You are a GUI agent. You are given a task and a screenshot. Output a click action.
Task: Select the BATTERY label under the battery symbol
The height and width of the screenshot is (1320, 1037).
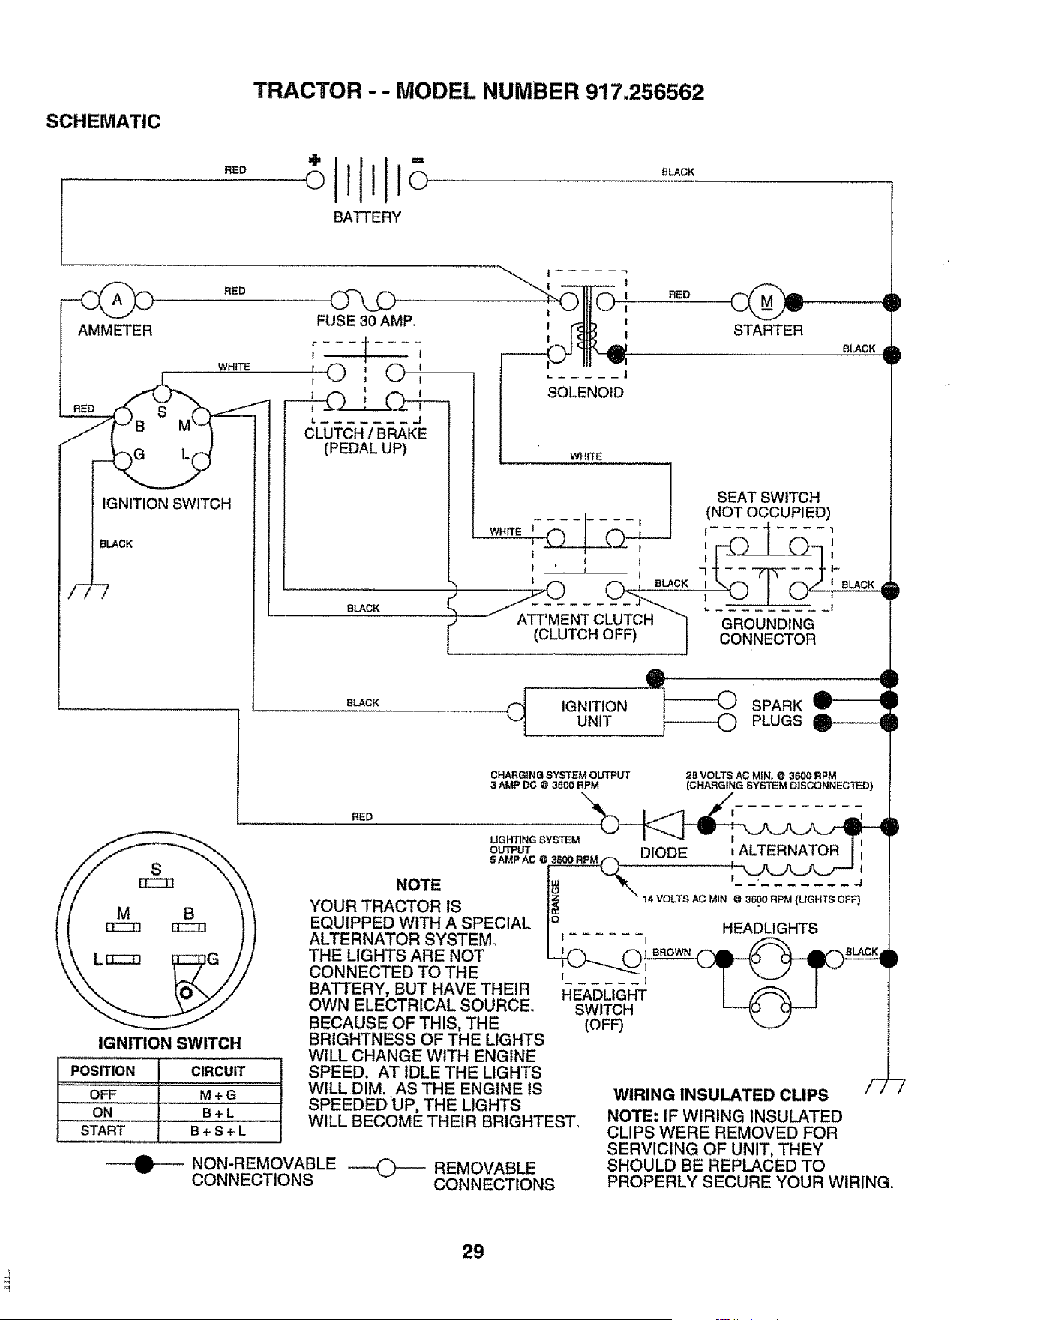[x=367, y=217]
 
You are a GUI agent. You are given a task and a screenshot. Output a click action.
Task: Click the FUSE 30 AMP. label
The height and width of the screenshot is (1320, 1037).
[x=367, y=322]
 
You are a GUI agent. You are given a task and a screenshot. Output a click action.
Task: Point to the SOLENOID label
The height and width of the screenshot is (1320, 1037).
[x=586, y=393]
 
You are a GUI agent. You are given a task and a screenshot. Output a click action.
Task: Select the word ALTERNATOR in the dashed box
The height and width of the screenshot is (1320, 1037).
[x=789, y=851]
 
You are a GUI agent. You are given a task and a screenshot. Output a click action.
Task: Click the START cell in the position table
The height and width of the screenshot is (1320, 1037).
[x=103, y=1130]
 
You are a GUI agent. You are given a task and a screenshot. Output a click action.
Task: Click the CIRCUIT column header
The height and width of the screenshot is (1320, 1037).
[x=218, y=1071]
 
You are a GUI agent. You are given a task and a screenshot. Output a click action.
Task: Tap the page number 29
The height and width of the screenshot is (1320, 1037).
[x=472, y=1251]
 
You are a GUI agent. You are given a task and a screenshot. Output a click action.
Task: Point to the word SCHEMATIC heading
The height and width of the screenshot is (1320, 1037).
[x=103, y=121]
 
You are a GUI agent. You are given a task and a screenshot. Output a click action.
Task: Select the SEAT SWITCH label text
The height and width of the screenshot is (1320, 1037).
[x=769, y=498]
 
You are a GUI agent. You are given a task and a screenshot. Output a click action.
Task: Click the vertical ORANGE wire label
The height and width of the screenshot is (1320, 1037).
[x=556, y=899]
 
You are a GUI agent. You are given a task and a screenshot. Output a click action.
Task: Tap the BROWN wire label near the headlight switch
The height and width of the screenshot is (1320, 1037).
[x=672, y=952]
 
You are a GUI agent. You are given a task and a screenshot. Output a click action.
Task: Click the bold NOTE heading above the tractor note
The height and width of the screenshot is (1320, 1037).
[x=419, y=885]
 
